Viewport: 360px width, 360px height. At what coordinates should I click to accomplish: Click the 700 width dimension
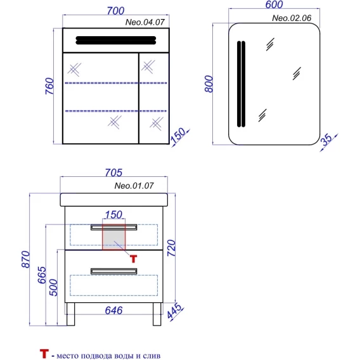click(x=116, y=11)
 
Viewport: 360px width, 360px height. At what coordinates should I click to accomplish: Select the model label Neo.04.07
click(x=145, y=22)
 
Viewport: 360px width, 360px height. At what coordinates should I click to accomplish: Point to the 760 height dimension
click(x=49, y=86)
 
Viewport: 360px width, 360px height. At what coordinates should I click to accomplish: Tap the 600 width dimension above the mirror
click(x=274, y=4)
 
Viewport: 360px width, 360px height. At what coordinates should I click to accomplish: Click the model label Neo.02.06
click(x=292, y=18)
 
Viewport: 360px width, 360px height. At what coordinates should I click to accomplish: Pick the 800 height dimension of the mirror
click(x=209, y=84)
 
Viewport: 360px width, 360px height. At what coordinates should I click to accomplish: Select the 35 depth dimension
click(x=326, y=139)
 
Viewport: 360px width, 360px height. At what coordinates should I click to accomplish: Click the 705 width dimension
click(x=113, y=172)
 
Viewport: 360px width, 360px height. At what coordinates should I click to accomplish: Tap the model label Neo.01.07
click(x=134, y=186)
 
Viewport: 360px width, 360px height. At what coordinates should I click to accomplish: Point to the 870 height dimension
click(x=25, y=259)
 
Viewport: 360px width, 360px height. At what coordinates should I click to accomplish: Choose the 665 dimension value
click(x=42, y=275)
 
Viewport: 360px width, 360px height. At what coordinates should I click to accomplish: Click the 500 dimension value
click(x=53, y=288)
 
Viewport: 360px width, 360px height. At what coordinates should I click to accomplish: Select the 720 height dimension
click(x=171, y=248)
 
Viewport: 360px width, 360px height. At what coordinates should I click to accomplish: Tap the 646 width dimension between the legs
click(x=113, y=311)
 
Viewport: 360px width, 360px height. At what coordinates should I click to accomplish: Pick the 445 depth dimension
click(x=174, y=311)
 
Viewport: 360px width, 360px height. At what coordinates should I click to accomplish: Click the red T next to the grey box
click(x=133, y=259)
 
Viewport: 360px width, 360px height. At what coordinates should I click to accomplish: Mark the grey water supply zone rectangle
click(x=114, y=237)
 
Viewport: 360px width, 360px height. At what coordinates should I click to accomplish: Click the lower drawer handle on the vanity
click(x=114, y=271)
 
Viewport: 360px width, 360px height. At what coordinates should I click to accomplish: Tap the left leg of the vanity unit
click(x=71, y=314)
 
